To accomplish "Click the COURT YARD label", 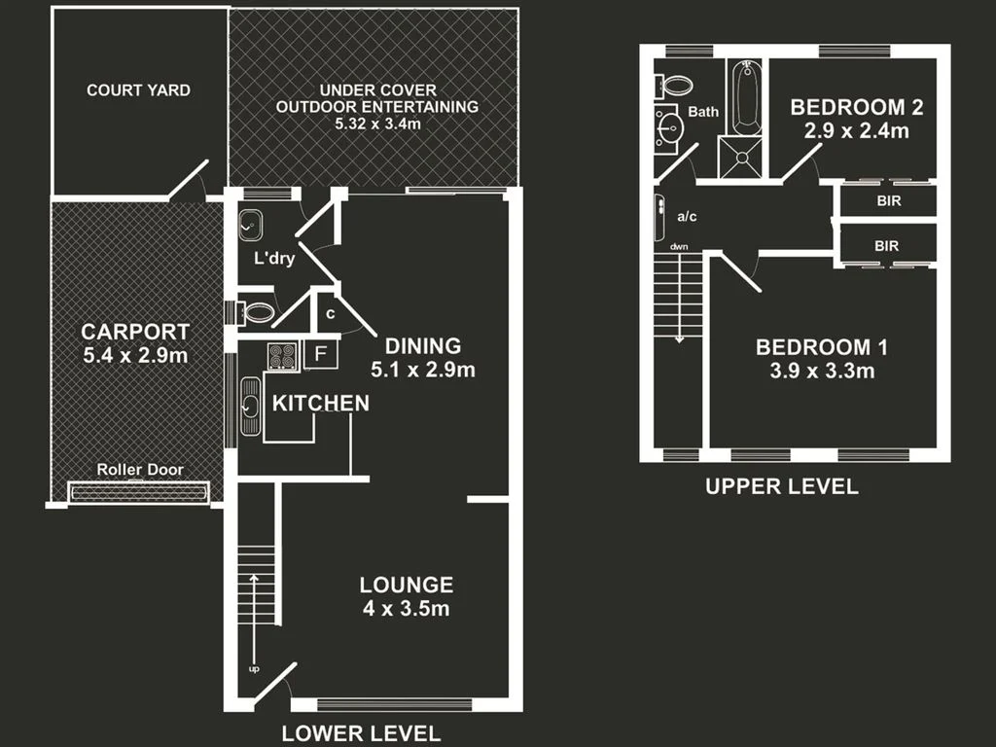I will coord(138,90).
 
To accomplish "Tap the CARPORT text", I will coord(135,332).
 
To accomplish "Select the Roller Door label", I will coord(139,470).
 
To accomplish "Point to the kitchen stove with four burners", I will coord(282,357).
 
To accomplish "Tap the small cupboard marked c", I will coord(331,314).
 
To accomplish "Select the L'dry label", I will coord(274,259).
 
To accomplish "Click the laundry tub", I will coord(250,224).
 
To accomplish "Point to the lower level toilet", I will coord(258,313).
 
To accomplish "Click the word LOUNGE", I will coord(406,585).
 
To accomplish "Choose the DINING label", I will coord(422,345).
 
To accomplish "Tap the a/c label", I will coord(688,216).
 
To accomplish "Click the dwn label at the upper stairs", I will coord(678,246).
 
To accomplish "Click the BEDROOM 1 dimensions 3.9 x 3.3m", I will coord(822,371).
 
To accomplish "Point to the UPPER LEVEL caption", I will coord(782,486).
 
